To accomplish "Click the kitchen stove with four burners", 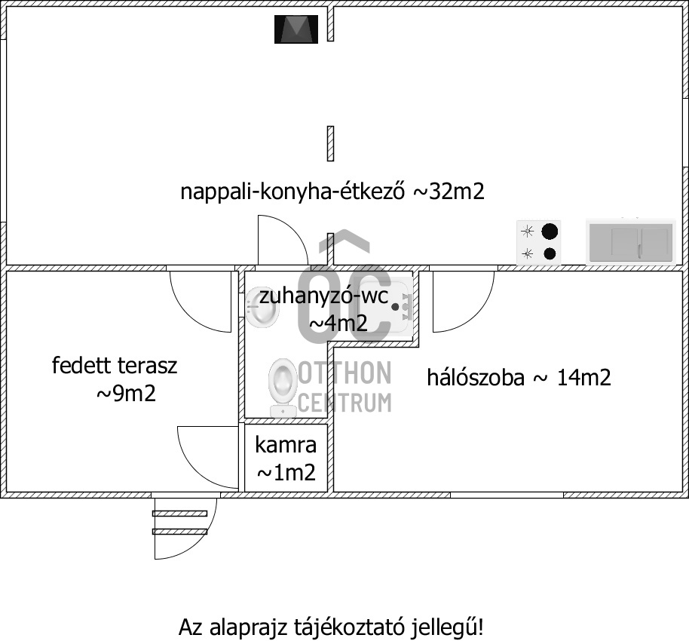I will coord(539,242).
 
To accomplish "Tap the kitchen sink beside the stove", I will coord(630,242).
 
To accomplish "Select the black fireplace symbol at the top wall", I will coord(296,29).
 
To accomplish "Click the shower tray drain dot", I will coord(394,307).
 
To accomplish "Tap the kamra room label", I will coord(286,445).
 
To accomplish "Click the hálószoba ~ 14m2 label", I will coord(519,377).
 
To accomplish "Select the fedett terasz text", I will coord(115,367).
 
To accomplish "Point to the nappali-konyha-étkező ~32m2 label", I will coord(332,192).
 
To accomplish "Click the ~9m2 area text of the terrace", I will coord(126,394).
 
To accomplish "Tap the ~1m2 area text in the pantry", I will coord(286,474).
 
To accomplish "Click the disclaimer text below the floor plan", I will coord(331,627).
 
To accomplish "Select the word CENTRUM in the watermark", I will coord(344,401).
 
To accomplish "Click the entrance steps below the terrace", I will coord(179,522).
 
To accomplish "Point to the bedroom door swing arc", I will coord(460,302).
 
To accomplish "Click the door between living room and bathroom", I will coord(280,241).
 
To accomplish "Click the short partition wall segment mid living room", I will coord(330,143).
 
